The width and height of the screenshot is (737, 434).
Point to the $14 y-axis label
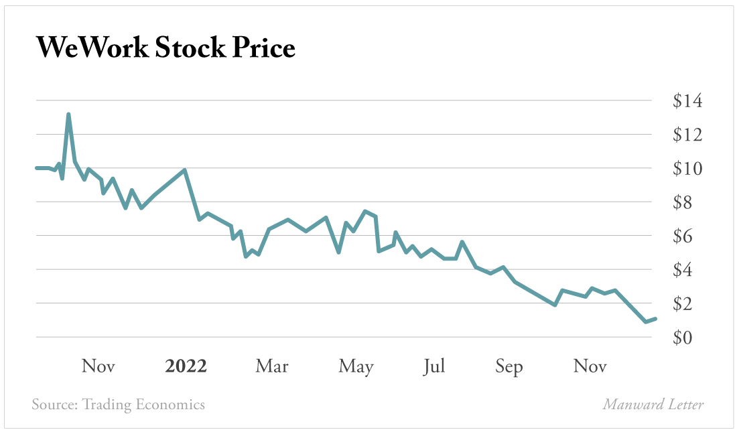coord(687,101)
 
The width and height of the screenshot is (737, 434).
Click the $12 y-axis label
coord(687,135)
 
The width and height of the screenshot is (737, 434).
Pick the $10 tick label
coord(687,169)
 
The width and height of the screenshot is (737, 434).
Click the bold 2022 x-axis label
coord(186,366)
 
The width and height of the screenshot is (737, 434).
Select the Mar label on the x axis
coord(272,366)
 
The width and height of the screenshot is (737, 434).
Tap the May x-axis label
coord(356,367)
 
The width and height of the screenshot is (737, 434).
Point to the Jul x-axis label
coord(434,366)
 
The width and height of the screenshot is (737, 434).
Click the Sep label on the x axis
coord(509,367)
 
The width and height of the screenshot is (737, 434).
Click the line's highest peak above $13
coord(68,115)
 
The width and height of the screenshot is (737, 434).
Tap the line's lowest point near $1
coord(646,321)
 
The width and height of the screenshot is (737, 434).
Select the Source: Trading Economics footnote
coord(119,405)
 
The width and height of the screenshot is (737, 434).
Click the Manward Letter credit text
coord(653,405)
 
